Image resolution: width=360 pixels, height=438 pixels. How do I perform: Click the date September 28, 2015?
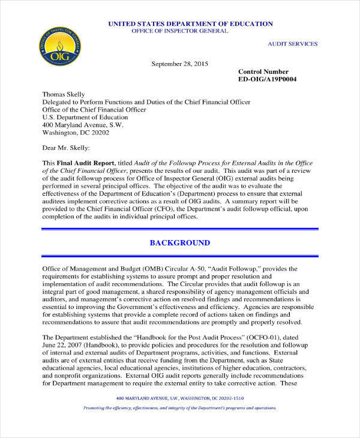pos(179,64)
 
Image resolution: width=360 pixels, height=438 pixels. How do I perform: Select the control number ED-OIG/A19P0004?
pos(267,79)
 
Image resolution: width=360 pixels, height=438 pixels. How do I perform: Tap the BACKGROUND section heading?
pos(179,243)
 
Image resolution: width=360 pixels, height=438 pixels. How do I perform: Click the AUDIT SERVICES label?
pos(292,44)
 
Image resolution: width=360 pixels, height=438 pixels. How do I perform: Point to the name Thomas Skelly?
pos(64,94)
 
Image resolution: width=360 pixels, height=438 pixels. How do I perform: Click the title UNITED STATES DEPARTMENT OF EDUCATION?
pos(190,23)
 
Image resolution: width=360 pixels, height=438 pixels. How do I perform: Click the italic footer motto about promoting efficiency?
pos(180,424)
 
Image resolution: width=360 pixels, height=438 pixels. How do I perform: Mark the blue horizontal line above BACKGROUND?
pos(179,229)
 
